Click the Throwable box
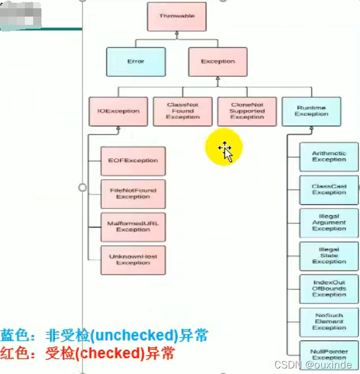pyautogui.click(x=177, y=16)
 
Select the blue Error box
pyautogui.click(x=135, y=61)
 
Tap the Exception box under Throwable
pyautogui.click(x=218, y=61)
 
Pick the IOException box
pyautogui.click(x=118, y=111)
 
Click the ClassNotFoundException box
pyautogui.click(x=182, y=111)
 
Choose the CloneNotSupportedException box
pyautogui.click(x=247, y=111)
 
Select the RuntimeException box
pyautogui.click(x=311, y=111)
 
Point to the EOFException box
pyautogui.click(x=133, y=161)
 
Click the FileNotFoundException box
pyautogui.click(x=133, y=194)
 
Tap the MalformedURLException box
pyautogui.click(x=133, y=226)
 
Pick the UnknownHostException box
pyautogui.click(x=133, y=260)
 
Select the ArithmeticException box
pyautogui.click(x=329, y=157)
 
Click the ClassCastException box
pyautogui.click(x=329, y=190)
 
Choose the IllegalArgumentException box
pyautogui.click(x=329, y=222)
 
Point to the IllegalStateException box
pyautogui.click(x=329, y=256)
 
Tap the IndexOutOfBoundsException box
pyautogui.click(x=329, y=289)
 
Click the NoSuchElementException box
pyautogui.click(x=329, y=321)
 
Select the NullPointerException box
pyautogui.click(x=329, y=355)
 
